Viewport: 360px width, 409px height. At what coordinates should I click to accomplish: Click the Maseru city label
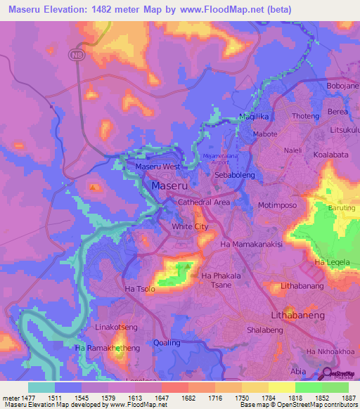[x=169, y=186]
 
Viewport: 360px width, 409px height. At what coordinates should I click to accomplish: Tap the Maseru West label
[x=157, y=167]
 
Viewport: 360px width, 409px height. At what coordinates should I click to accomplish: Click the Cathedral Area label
[x=205, y=202]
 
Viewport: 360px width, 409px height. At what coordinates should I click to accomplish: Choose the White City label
[x=190, y=227]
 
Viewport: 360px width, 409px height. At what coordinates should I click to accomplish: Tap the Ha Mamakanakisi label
[x=251, y=244]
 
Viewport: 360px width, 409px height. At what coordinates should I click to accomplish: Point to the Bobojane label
[x=343, y=86]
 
